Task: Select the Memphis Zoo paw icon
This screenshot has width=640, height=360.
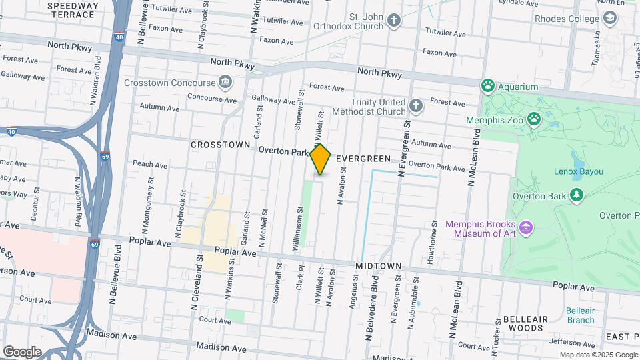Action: tap(534, 119)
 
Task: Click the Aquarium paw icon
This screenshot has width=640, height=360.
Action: tap(488, 86)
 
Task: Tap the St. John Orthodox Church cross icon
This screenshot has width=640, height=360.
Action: tap(394, 21)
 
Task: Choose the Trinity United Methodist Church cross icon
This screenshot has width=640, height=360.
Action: tap(416, 106)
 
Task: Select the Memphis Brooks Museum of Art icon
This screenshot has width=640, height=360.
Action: tap(526, 229)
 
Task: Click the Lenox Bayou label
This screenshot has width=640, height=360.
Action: tap(578, 171)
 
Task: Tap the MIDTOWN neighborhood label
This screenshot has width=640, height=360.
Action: tap(378, 266)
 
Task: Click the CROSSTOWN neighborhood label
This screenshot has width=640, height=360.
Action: tap(220, 145)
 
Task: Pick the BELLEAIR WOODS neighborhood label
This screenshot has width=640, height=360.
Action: tap(525, 323)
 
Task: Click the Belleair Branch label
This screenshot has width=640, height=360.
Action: tap(580, 315)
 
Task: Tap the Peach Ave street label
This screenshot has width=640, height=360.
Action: tap(150, 165)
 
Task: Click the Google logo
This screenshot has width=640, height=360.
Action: tap(22, 351)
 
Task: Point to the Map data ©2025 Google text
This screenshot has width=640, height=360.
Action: tap(598, 355)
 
